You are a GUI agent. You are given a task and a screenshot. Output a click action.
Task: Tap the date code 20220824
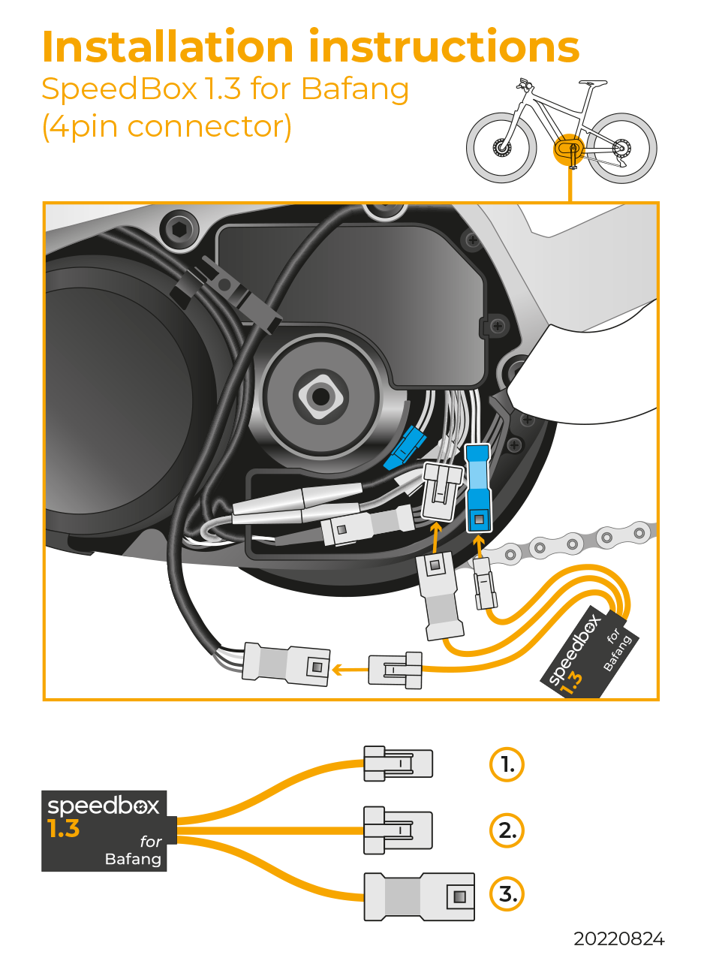pos(618,939)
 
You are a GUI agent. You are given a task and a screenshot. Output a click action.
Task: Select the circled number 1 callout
pos(507,764)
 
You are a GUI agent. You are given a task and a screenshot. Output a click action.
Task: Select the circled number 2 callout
pos(507,830)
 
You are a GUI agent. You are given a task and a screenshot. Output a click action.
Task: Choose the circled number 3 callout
pos(507,895)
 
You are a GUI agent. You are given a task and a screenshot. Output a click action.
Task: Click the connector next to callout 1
pos(397,764)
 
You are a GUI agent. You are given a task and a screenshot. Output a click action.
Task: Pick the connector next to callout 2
pos(397,830)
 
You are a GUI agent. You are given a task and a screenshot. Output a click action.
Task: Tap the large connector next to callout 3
pos(419,896)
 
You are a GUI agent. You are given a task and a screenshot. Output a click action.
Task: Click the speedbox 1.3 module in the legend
pos(104,830)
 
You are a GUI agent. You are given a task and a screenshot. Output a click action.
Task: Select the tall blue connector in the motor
pos(477,488)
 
